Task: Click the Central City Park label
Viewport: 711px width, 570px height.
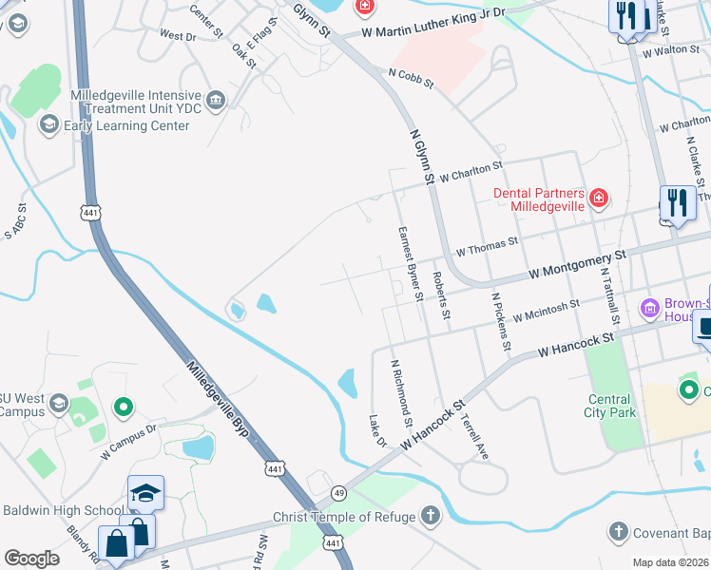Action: coord(608,406)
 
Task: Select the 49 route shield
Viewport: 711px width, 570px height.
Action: coord(338,492)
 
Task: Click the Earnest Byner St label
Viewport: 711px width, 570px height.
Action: coord(410,263)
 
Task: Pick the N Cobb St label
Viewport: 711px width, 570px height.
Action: coord(410,78)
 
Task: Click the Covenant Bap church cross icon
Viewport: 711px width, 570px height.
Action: coord(618,531)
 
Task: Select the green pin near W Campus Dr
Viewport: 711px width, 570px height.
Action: coord(123,408)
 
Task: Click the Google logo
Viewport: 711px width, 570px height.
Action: coord(31,559)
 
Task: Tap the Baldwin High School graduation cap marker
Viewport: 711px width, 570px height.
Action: coord(145,494)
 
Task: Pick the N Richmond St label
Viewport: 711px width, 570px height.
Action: coord(402,393)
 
